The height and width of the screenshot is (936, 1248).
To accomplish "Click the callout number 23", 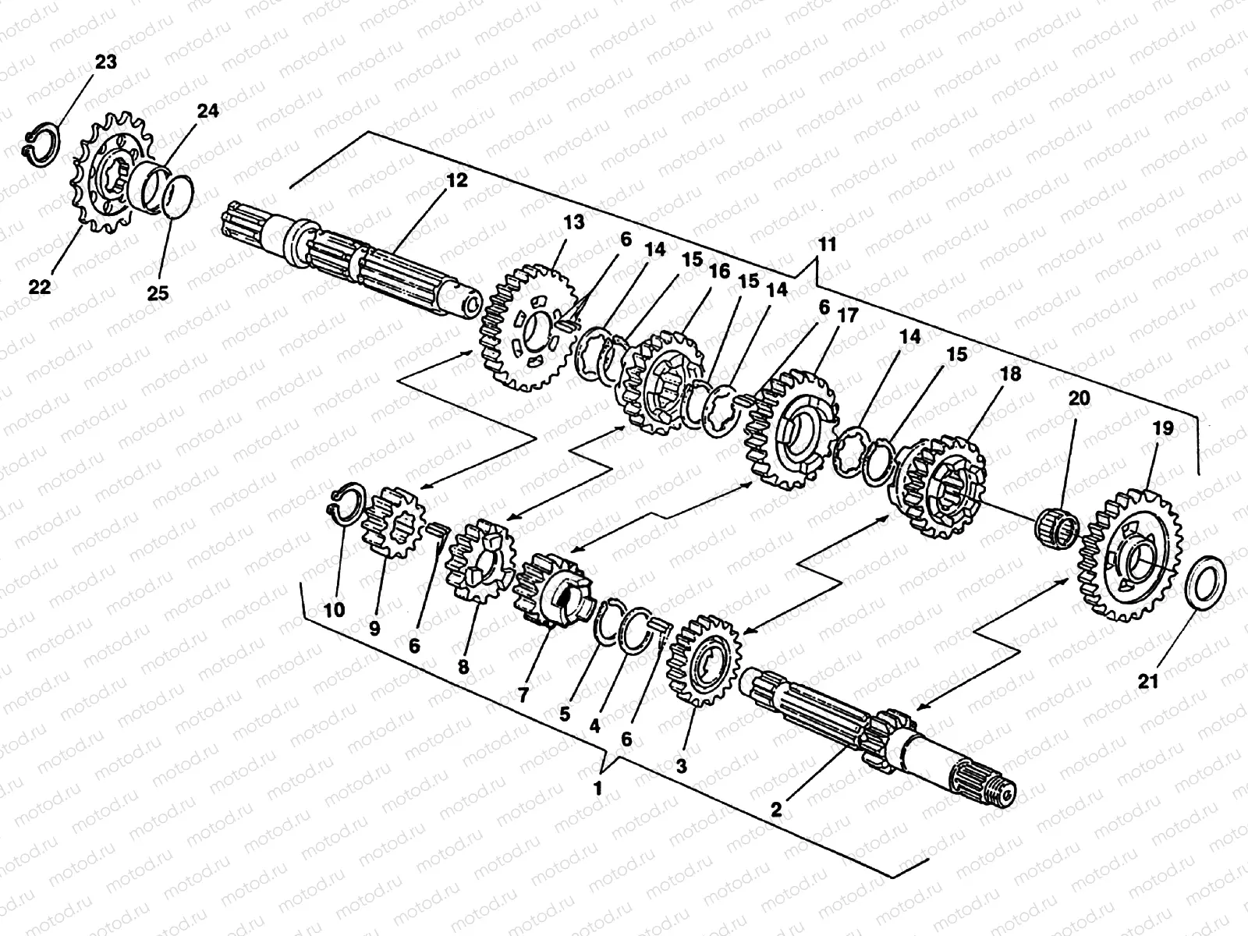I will click(x=105, y=62).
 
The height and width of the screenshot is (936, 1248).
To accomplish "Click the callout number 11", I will click(x=827, y=245).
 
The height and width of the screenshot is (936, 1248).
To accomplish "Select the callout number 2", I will click(x=776, y=810).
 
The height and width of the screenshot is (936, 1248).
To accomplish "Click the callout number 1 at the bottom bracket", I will click(x=598, y=788).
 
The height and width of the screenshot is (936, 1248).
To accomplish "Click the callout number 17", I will click(x=848, y=317).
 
